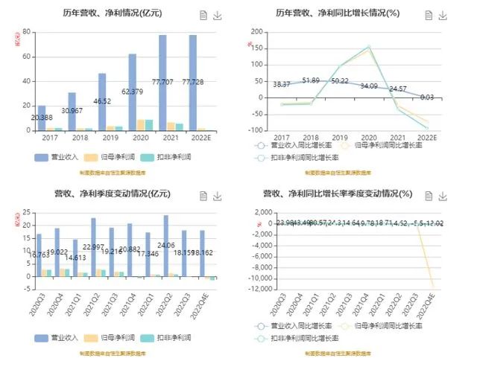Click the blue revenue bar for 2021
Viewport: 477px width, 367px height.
pyautogui.click(x=162, y=83)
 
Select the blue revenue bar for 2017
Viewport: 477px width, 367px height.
pyautogui.click(x=42, y=118)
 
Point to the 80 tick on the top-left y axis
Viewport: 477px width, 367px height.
pyautogui.click(x=26, y=31)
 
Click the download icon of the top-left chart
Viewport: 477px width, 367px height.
pyautogui.click(x=218, y=16)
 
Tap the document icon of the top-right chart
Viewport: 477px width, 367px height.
pyautogui.click(x=428, y=16)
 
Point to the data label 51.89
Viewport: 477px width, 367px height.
pyautogui.click(x=312, y=80)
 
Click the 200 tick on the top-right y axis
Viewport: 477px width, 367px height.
pyautogui.click(x=258, y=31)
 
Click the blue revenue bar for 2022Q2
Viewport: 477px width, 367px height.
pyautogui.click(x=165, y=246)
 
